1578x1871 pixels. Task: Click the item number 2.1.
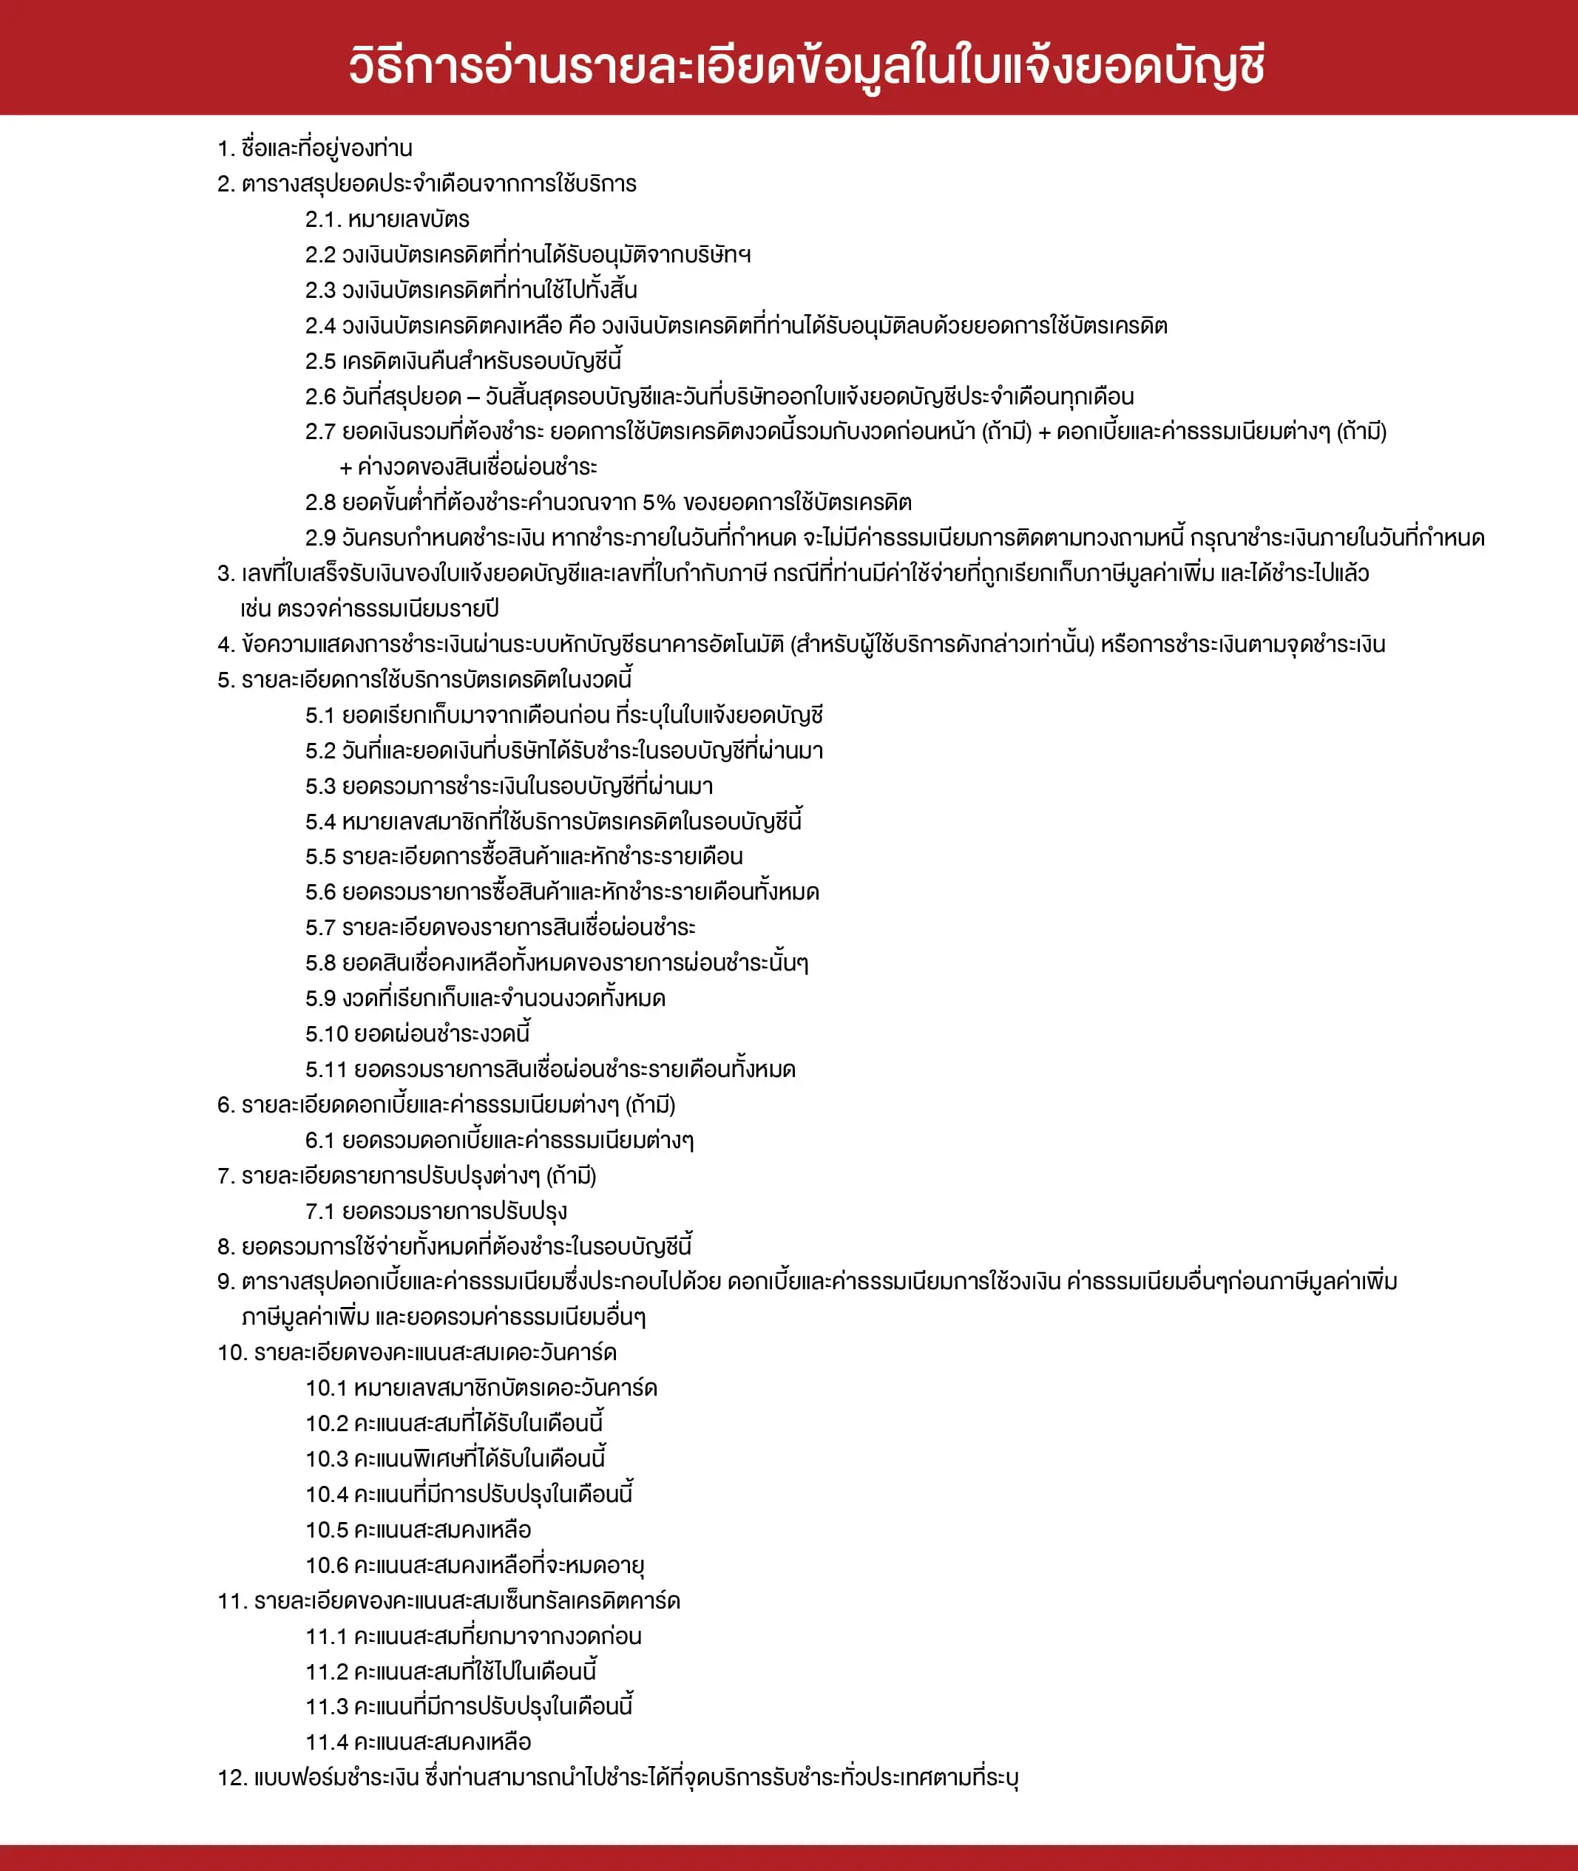tap(323, 219)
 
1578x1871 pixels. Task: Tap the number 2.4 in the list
tap(320, 325)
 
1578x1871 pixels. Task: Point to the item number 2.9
tap(320, 538)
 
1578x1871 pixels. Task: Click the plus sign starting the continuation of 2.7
tap(345, 468)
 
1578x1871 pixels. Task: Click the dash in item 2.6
tap(473, 397)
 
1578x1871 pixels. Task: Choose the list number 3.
tap(226, 574)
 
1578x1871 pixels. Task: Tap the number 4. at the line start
tap(226, 644)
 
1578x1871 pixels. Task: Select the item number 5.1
tap(319, 716)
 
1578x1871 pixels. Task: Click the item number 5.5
tap(320, 857)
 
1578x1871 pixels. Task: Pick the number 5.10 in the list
tap(325, 1034)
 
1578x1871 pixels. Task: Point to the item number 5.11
tap(325, 1070)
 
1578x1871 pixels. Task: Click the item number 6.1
tap(319, 1141)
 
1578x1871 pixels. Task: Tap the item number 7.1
tap(319, 1211)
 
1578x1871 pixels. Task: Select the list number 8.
tap(226, 1247)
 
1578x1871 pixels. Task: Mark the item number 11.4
tap(325, 1742)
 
